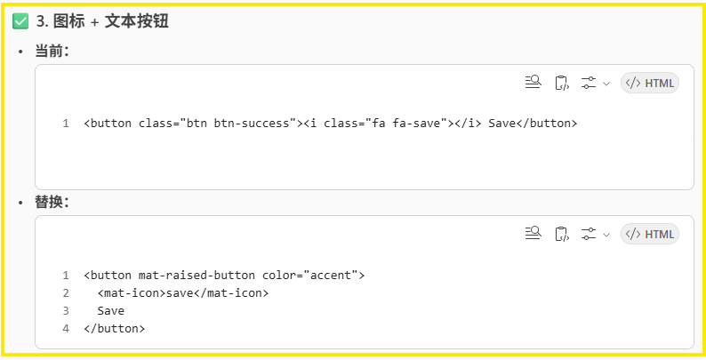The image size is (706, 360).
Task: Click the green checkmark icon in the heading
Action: (x=20, y=21)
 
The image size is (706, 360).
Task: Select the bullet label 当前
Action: (x=51, y=52)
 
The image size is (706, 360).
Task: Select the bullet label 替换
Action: (x=51, y=203)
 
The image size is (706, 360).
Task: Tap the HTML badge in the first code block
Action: (x=650, y=84)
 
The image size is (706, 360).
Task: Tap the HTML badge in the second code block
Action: (x=650, y=235)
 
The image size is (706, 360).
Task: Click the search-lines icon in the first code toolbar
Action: (x=533, y=84)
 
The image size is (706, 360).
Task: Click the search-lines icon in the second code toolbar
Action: (x=533, y=235)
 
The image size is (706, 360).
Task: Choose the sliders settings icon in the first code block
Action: (x=589, y=84)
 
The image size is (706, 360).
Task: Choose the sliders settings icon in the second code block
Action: (x=589, y=235)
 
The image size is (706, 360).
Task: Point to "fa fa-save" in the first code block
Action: (x=406, y=124)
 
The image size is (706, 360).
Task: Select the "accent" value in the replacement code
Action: (x=332, y=276)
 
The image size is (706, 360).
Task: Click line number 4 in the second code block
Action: (x=66, y=329)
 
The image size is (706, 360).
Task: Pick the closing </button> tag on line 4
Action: (x=115, y=329)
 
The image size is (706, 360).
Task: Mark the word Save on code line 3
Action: (x=111, y=311)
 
